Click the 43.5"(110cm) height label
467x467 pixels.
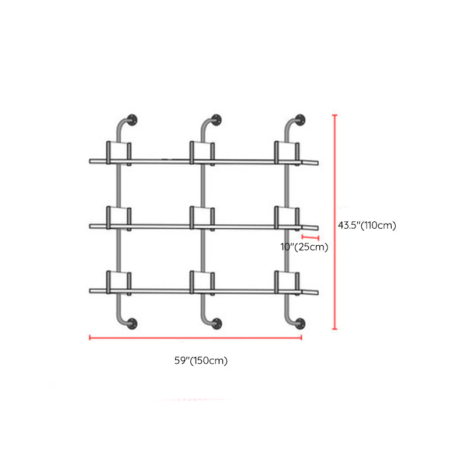367,225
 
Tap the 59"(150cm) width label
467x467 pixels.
201,360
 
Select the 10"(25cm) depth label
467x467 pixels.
304,246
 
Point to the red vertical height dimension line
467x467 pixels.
334,222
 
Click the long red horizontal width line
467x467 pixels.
196,337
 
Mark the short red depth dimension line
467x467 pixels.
311,238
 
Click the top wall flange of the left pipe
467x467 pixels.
132,120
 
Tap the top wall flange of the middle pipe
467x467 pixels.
216,120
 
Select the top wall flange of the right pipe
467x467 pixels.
300,120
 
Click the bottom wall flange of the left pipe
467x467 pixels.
132,323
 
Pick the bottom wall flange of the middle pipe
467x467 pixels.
217,323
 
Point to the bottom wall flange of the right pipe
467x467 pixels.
300,323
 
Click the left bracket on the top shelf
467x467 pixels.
119,153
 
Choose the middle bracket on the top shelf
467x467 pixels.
202,153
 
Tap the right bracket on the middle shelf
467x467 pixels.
287,218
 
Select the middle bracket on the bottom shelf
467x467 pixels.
202,283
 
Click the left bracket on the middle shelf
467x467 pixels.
119,218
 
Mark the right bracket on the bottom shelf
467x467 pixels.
287,283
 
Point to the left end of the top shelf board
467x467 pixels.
90,162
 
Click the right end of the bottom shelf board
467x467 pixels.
318,292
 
